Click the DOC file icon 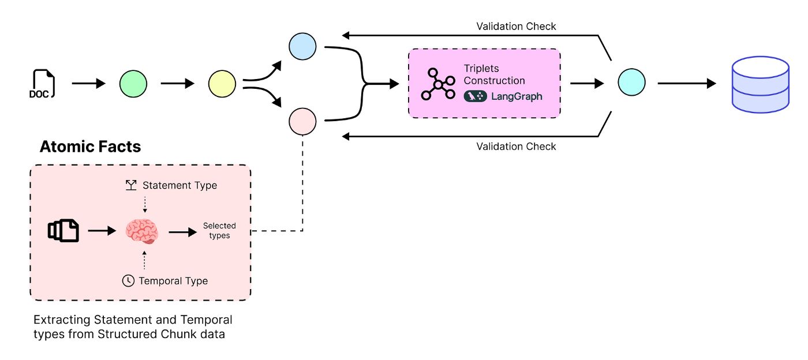pyautogui.click(x=43, y=84)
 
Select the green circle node pyautogui.click(x=133, y=84)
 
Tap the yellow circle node pyautogui.click(x=222, y=84)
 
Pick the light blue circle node pyautogui.click(x=302, y=47)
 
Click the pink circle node pyautogui.click(x=302, y=121)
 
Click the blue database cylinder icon pyautogui.click(x=760, y=84)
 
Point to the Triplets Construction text pyautogui.click(x=494, y=74)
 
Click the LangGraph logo pyautogui.click(x=503, y=96)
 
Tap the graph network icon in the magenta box pyautogui.click(x=438, y=84)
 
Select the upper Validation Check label pyautogui.click(x=516, y=27)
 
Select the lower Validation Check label pyautogui.click(x=516, y=147)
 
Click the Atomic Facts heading pyautogui.click(x=90, y=147)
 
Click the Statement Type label pyautogui.click(x=179, y=185)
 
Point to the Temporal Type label pyautogui.click(x=173, y=281)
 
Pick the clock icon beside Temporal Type pyautogui.click(x=128, y=281)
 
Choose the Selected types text pyautogui.click(x=219, y=230)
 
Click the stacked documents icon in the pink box pyautogui.click(x=63, y=231)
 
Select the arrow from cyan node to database pyautogui.click(x=686, y=84)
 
